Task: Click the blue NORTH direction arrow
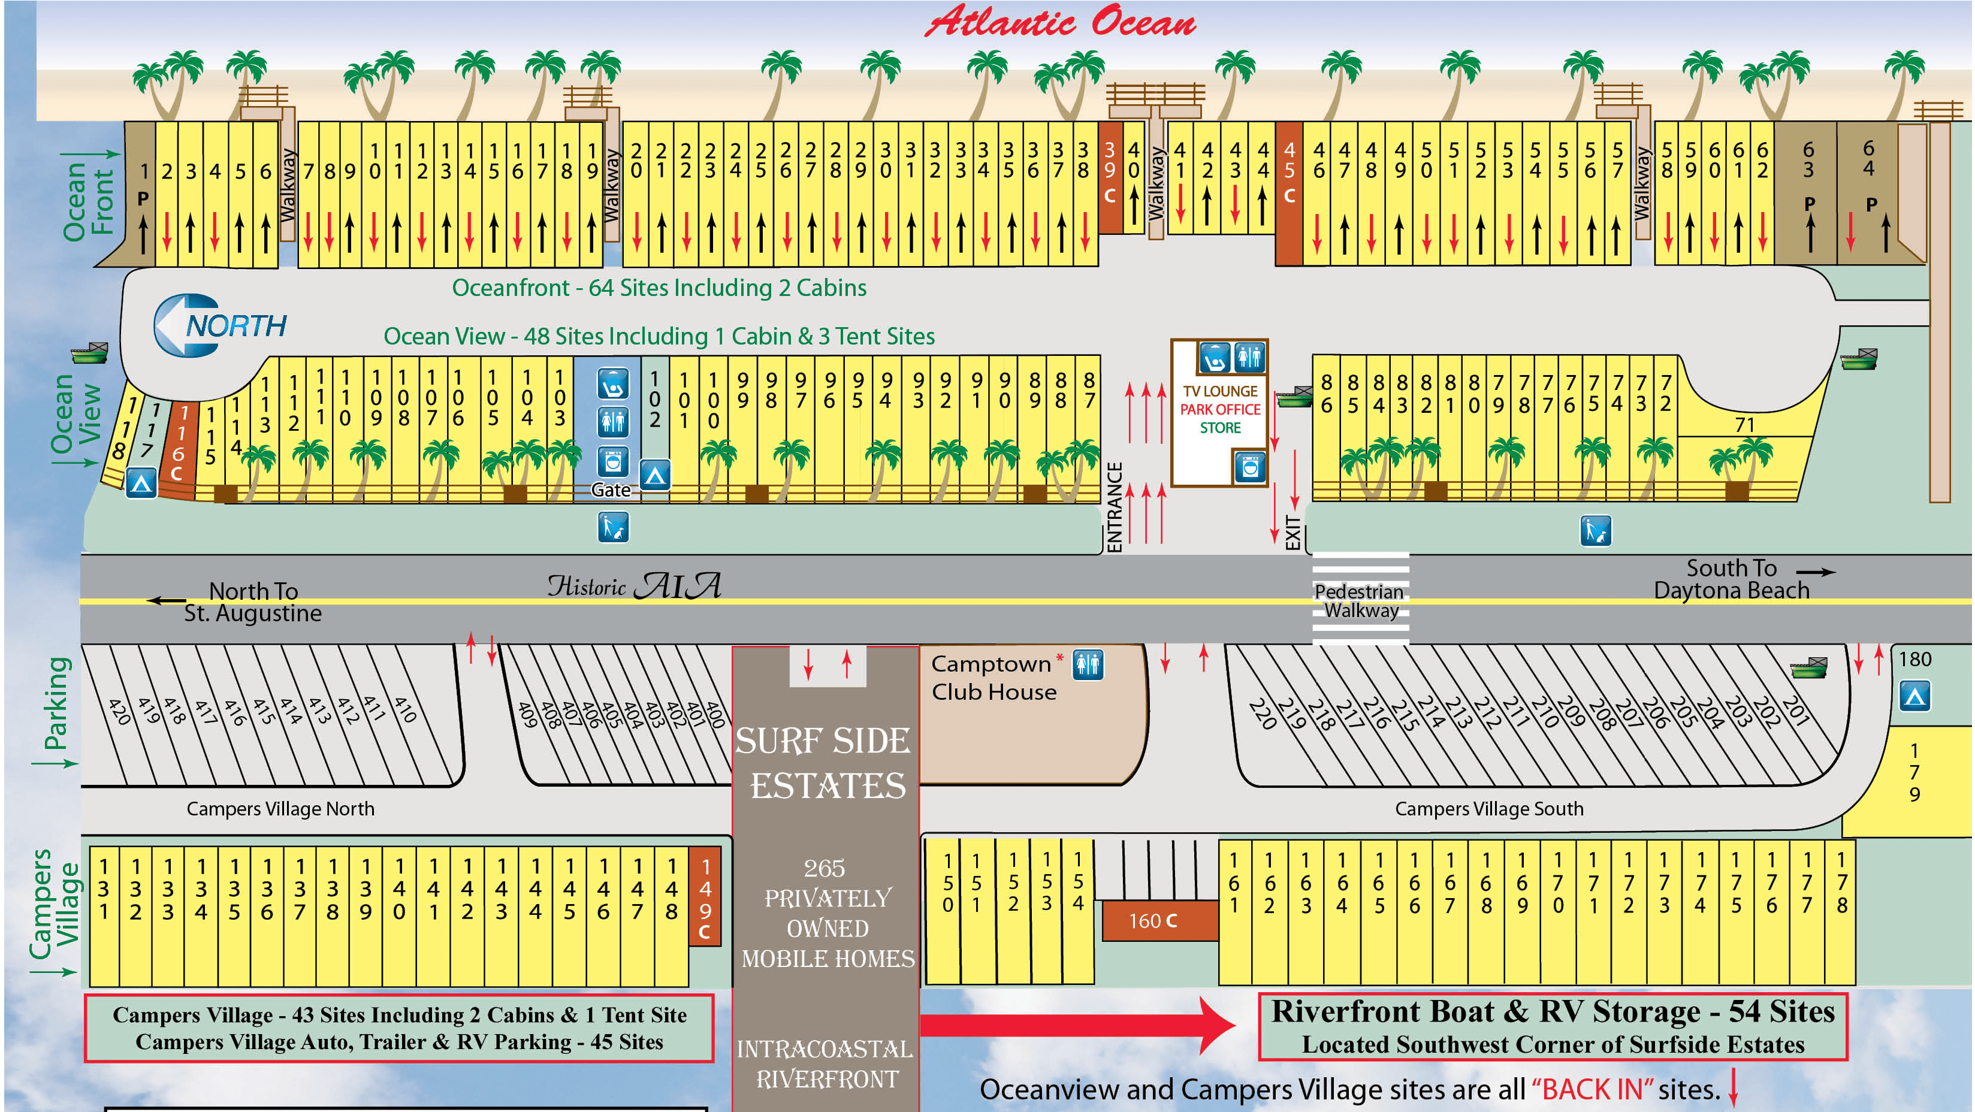click(220, 325)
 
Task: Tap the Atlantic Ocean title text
click(1061, 22)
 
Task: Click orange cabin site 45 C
click(1289, 193)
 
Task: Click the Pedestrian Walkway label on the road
click(1360, 601)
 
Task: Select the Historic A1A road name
click(634, 587)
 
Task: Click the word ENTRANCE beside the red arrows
click(1114, 507)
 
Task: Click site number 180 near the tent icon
click(1914, 659)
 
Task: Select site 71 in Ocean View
click(1745, 425)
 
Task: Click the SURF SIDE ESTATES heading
click(824, 763)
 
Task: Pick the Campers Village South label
click(1488, 808)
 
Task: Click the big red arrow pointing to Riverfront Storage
click(1077, 1025)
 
